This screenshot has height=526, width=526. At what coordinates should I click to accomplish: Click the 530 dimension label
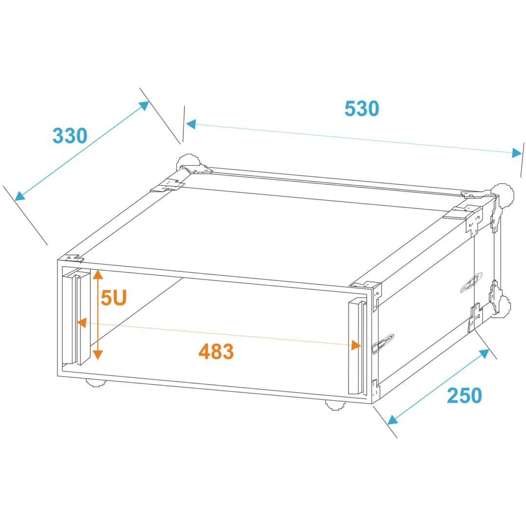(x=361, y=108)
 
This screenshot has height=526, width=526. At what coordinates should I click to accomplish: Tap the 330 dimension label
(x=70, y=135)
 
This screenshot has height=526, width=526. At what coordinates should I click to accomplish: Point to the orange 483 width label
(x=216, y=351)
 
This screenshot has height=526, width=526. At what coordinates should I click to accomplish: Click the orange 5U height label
(x=113, y=298)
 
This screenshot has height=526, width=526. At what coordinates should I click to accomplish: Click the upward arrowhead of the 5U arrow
(x=97, y=274)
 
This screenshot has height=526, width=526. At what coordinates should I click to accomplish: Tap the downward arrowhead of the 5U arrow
(x=97, y=354)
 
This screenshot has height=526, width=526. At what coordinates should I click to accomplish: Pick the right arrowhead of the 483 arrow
(x=356, y=345)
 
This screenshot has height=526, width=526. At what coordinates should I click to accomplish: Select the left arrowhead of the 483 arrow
(x=82, y=323)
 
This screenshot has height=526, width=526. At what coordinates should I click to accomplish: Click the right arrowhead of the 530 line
(x=517, y=153)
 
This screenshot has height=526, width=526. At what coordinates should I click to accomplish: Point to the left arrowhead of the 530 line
(x=191, y=125)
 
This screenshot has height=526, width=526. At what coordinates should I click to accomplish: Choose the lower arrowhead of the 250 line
(x=393, y=420)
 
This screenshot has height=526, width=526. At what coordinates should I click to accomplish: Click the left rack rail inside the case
(x=76, y=318)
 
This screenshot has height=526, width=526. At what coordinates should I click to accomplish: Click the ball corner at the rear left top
(x=189, y=164)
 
